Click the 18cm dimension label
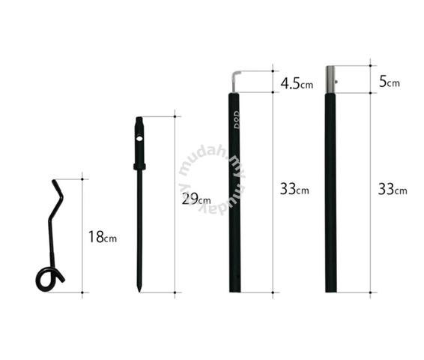point(103,236)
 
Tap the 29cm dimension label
point(196,199)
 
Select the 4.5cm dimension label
point(297,83)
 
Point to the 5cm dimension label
point(390,82)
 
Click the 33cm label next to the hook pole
point(294,189)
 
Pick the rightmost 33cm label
point(393,189)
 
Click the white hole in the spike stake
point(139,139)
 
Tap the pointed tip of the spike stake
point(139,291)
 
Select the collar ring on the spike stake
point(139,166)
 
